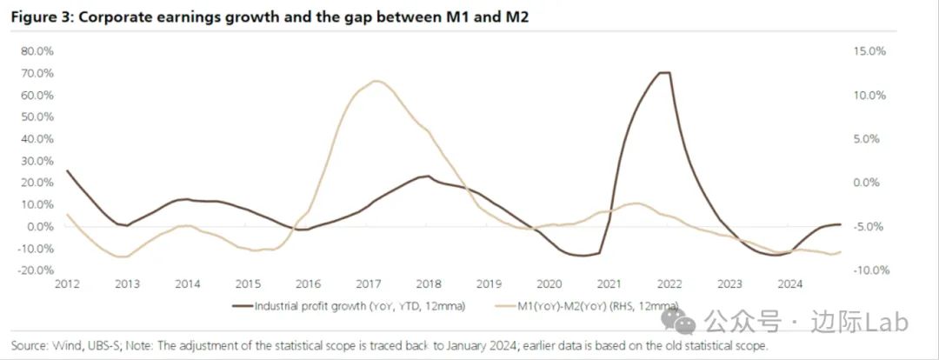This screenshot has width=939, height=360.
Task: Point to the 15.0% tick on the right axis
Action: [x=869, y=51]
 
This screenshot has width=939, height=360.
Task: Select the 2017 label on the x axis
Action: [x=370, y=284]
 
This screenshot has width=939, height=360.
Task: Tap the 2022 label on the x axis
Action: [x=669, y=284]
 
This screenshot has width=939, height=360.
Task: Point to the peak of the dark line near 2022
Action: [x=664, y=73]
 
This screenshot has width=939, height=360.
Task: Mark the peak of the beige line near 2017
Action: [x=375, y=82]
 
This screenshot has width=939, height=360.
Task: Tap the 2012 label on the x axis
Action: [x=68, y=284]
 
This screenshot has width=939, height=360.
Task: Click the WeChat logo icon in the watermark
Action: [x=683, y=323]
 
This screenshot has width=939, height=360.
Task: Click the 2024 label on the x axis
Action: [x=789, y=284]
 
